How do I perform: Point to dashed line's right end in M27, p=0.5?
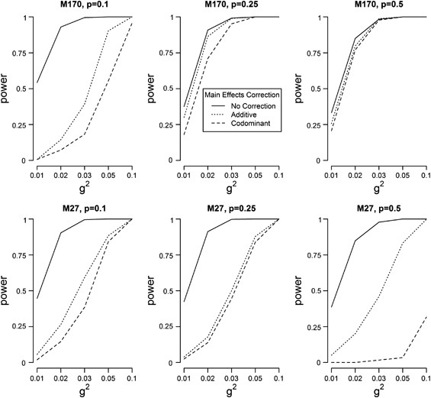point(423,316)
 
